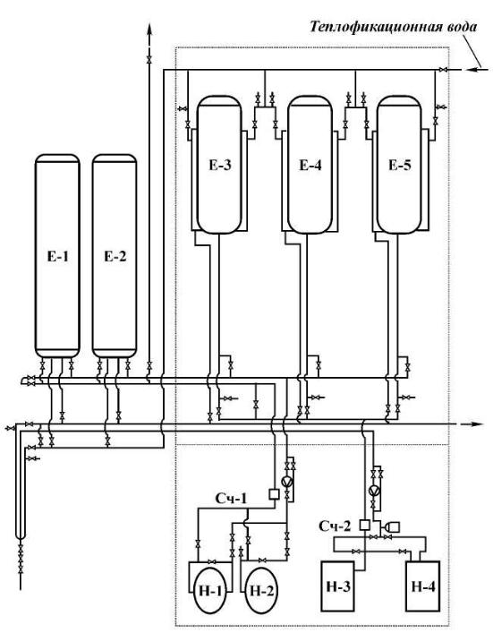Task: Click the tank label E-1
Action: tap(57, 256)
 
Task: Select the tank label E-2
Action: tap(115, 256)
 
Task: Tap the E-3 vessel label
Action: tap(220, 165)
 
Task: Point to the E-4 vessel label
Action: tap(310, 165)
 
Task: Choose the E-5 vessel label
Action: tap(400, 165)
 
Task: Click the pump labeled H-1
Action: tap(210, 591)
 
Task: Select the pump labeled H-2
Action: tap(261, 591)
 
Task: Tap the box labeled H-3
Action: tap(337, 586)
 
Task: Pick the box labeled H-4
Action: tap(423, 586)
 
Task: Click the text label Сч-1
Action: tap(231, 499)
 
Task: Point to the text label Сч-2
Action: tap(335, 526)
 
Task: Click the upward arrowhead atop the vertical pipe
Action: tap(149, 30)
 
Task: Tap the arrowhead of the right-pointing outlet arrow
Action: tap(477, 424)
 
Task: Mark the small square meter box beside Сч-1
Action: tap(274, 494)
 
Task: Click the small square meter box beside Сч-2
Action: tap(365, 525)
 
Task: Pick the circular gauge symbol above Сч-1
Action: tap(287, 482)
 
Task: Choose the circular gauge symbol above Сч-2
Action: tap(374, 490)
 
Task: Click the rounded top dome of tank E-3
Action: tap(219, 99)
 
